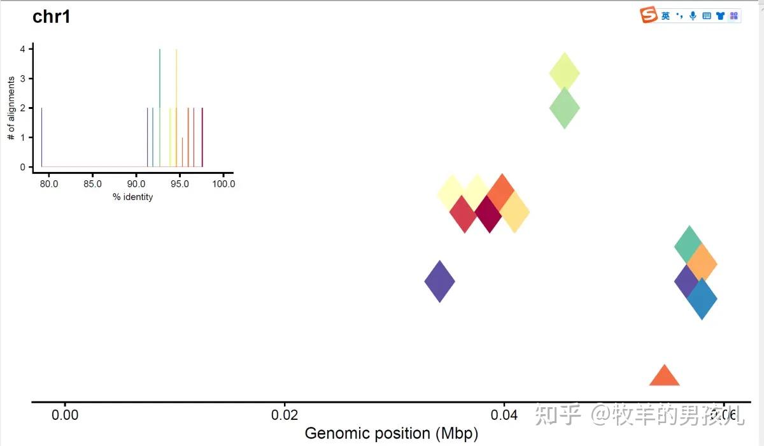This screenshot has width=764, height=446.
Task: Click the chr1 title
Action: [x=51, y=17]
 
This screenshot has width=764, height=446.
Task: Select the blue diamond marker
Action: [x=702, y=298]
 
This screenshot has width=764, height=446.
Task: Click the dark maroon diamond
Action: [x=488, y=215]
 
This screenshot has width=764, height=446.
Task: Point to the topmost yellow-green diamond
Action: [x=564, y=73]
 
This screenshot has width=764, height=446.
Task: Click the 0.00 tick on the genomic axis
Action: [x=64, y=416]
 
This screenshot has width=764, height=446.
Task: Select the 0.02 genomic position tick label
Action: [x=285, y=416]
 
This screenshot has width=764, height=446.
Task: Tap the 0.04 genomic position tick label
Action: [x=504, y=416]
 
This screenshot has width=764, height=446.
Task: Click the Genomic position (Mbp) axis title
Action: [x=391, y=434]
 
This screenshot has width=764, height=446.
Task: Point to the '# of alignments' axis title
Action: [x=11, y=108]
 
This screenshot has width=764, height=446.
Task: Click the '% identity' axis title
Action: [x=133, y=197]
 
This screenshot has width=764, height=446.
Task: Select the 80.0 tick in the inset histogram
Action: [x=49, y=184]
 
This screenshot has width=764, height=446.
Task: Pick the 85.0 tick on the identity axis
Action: [x=92, y=184]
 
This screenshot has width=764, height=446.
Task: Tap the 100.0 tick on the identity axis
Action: [x=223, y=184]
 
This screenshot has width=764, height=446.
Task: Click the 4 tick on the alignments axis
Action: [x=23, y=49]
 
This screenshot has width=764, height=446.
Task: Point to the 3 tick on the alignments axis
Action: [x=23, y=78]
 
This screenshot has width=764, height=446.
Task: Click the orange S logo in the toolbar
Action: [x=649, y=15]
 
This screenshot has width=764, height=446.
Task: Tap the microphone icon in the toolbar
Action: [x=693, y=16]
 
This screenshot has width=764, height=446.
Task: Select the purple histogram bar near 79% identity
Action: [x=42, y=137]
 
